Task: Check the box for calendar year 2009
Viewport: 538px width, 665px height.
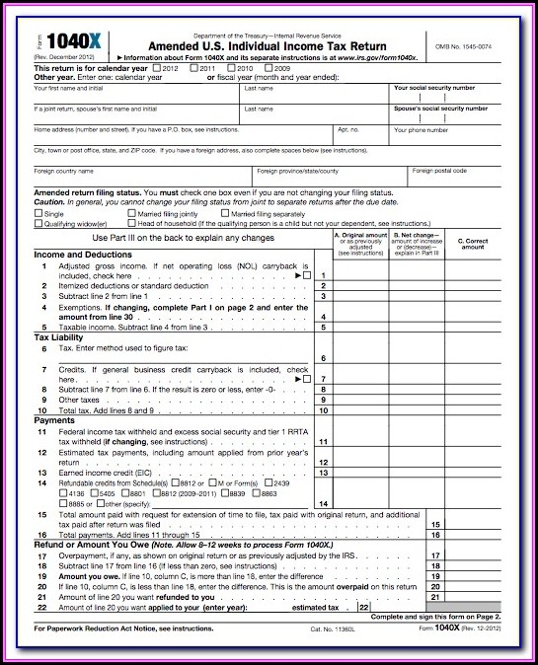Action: click(x=268, y=68)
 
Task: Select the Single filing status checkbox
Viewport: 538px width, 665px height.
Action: click(x=38, y=213)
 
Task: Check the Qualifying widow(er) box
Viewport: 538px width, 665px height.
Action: click(x=38, y=224)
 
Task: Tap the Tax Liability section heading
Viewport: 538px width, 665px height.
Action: click(x=58, y=337)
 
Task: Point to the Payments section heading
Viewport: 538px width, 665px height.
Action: click(x=54, y=420)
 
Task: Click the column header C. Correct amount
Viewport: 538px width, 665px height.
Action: click(x=473, y=244)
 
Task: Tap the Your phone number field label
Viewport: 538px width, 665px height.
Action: click(x=421, y=129)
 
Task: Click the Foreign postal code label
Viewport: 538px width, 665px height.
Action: click(x=438, y=171)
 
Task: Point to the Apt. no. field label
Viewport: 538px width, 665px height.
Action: click(x=349, y=129)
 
